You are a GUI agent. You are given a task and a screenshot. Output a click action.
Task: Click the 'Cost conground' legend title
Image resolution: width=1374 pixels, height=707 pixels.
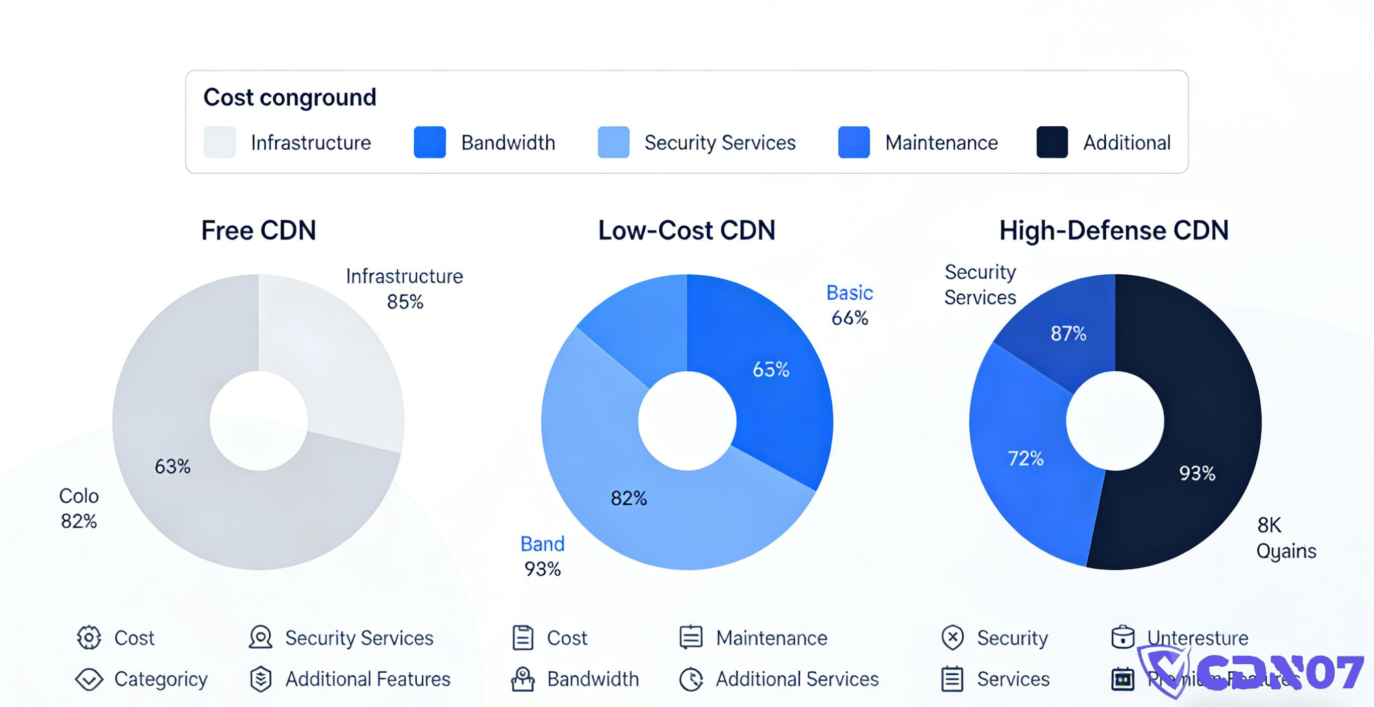click(x=289, y=98)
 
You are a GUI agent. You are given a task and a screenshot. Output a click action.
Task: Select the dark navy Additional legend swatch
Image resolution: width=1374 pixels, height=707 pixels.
click(x=1051, y=142)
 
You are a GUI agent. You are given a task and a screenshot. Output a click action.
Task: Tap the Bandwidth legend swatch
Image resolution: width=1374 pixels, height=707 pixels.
click(x=429, y=142)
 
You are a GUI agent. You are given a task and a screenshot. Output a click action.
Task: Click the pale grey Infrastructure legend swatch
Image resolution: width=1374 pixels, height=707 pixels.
click(x=220, y=142)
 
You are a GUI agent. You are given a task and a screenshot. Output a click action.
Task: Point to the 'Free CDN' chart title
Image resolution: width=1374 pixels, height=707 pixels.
click(x=259, y=231)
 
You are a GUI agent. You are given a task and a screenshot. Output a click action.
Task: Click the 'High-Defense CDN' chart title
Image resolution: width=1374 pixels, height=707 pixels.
click(x=1114, y=231)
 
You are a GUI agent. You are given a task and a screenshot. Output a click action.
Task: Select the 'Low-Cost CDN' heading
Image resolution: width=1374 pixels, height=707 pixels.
click(x=686, y=231)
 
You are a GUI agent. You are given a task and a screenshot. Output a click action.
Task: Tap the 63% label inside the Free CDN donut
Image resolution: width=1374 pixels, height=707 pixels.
click(x=172, y=466)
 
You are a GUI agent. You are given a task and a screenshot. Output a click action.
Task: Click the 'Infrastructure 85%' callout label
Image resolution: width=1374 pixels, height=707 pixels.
click(x=404, y=288)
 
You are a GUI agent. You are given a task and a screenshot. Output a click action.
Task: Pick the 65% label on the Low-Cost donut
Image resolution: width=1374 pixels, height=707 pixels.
click(x=770, y=369)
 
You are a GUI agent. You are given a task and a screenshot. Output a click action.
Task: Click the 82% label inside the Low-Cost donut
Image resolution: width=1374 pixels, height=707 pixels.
click(x=628, y=499)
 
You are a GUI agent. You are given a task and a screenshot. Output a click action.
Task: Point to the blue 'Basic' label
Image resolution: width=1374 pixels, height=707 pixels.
click(x=849, y=293)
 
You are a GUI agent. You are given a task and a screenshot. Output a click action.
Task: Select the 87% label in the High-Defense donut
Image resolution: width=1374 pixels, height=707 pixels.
click(x=1068, y=334)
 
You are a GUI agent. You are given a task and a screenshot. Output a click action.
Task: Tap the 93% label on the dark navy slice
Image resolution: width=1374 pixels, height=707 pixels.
click(x=1196, y=474)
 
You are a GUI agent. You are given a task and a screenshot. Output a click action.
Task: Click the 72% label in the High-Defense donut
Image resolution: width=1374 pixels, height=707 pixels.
click(x=1025, y=458)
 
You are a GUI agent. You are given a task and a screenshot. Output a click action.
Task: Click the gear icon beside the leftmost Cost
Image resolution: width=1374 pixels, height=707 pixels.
click(x=89, y=638)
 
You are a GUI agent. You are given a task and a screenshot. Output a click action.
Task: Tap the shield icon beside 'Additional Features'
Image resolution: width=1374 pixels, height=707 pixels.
click(x=261, y=679)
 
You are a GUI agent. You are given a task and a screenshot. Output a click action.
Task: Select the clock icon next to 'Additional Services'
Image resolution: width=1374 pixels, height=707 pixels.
click(x=691, y=679)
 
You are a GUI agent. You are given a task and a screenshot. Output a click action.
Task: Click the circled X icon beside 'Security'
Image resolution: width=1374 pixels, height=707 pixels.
click(x=952, y=638)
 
